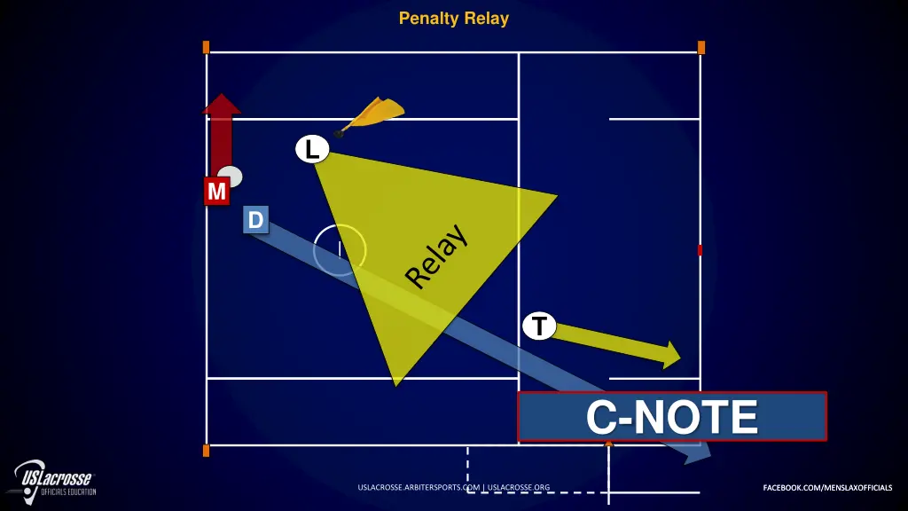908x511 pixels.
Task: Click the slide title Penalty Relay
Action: (453, 18)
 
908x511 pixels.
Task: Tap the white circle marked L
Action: (311, 150)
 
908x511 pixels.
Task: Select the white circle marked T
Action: (539, 326)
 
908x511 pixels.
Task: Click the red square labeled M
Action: (216, 191)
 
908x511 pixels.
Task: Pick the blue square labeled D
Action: (255, 220)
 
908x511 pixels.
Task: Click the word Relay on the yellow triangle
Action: (436, 256)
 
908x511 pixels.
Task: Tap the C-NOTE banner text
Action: (672, 417)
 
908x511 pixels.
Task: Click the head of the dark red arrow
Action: (222, 105)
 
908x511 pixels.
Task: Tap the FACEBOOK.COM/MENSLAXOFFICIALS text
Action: (827, 487)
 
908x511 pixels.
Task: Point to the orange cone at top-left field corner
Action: (206, 47)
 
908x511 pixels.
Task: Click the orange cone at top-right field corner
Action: (701, 47)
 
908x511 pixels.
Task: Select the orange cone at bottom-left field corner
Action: (206, 451)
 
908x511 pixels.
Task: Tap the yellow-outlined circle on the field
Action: (340, 249)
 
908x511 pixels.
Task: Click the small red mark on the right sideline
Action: (700, 250)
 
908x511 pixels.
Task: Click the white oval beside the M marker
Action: (231, 176)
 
